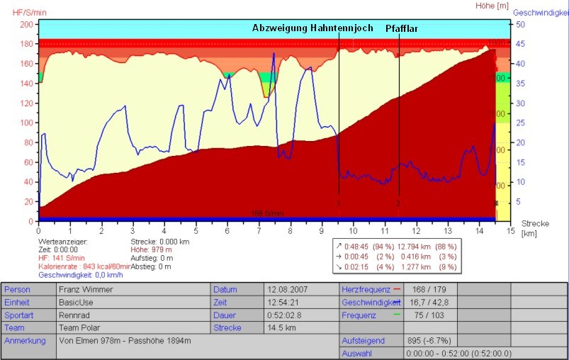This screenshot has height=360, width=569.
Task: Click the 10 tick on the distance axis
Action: coord(353,231)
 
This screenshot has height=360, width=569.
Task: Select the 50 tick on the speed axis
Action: coord(519,24)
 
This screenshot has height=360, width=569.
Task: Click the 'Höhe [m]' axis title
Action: coord(493,6)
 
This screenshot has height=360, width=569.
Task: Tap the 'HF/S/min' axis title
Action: coord(21,13)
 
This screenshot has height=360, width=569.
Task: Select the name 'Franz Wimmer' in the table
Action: coord(83,290)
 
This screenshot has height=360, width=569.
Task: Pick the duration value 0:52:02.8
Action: coord(286,315)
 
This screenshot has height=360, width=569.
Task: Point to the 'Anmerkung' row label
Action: coord(25,341)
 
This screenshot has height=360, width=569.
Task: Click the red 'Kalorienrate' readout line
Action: coord(86,266)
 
